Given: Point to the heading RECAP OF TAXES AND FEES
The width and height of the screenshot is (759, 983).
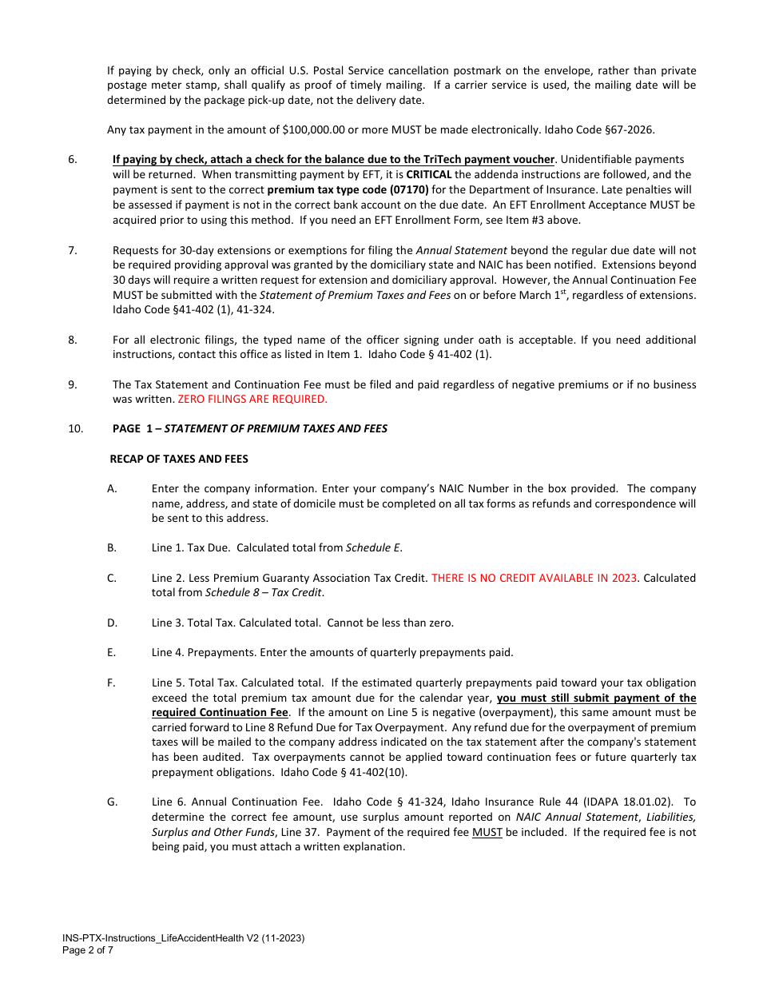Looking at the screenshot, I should click(x=179, y=459).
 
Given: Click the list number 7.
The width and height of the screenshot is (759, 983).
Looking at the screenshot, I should click(x=73, y=250).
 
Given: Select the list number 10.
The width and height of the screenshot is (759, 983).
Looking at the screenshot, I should click(x=76, y=428).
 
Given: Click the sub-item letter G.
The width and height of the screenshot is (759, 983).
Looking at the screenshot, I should click(x=113, y=802).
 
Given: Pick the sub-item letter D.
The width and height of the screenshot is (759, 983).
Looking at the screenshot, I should click(x=113, y=623).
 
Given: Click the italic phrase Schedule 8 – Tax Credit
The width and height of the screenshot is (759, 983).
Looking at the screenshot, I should click(x=264, y=593).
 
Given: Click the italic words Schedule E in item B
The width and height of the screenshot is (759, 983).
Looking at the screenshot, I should click(x=373, y=548).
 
